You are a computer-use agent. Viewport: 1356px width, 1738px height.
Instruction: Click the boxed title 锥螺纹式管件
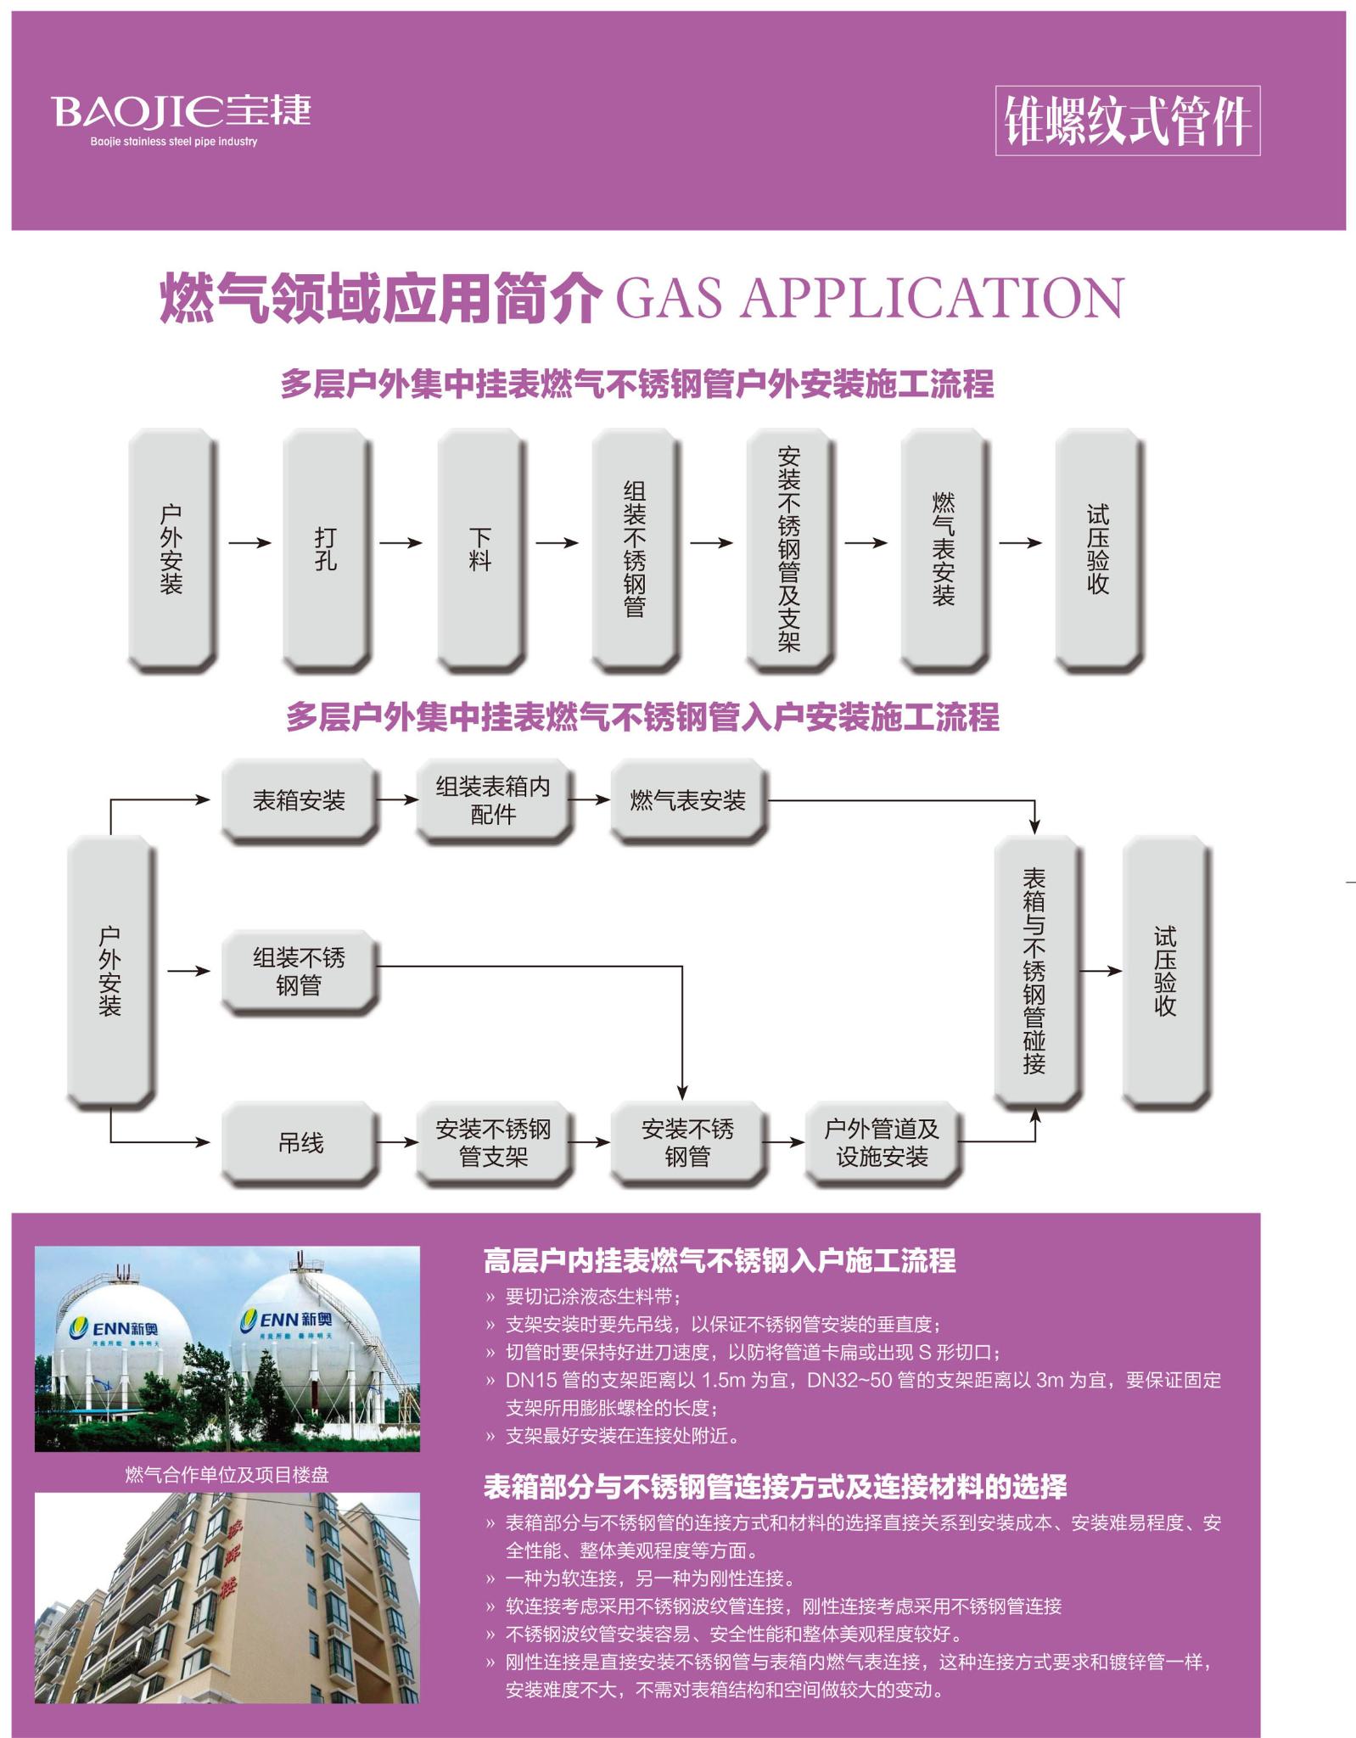click(1127, 121)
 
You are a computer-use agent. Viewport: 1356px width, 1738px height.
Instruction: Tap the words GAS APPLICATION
click(869, 298)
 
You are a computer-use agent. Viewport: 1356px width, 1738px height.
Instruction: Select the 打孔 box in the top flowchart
click(325, 549)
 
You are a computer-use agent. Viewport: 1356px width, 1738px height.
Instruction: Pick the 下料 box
click(479, 549)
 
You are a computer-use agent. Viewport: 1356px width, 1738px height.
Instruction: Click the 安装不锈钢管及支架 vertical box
click(788, 549)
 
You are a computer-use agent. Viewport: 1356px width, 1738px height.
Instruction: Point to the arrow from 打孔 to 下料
click(400, 543)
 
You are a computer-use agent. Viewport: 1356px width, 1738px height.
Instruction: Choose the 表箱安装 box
click(299, 800)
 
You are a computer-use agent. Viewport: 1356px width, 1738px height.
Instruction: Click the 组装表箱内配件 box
click(493, 800)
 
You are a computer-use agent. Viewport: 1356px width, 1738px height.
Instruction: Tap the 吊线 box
click(300, 1142)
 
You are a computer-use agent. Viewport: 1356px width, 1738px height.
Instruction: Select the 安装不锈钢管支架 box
click(493, 1142)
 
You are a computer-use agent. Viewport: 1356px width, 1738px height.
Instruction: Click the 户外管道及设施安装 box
click(882, 1142)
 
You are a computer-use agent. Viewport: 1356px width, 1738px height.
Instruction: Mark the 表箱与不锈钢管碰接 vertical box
click(1034, 971)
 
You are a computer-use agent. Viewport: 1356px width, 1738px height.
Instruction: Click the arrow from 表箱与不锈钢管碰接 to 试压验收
click(1100, 971)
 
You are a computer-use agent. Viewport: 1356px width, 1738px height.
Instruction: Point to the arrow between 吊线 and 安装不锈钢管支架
click(397, 1142)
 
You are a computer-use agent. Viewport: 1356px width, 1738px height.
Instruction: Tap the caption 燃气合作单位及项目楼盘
click(227, 1475)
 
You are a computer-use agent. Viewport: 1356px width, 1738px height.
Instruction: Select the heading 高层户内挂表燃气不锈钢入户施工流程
click(719, 1261)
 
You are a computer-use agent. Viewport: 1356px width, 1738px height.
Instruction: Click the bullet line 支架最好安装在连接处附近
click(622, 1436)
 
